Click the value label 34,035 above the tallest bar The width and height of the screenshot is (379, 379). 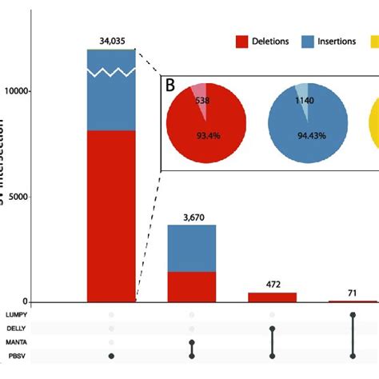pos(112,38)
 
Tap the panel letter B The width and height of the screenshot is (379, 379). pos(170,86)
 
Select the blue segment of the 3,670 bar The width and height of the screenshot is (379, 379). pos(192,248)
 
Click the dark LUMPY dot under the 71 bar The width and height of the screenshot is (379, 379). pos(353,314)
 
